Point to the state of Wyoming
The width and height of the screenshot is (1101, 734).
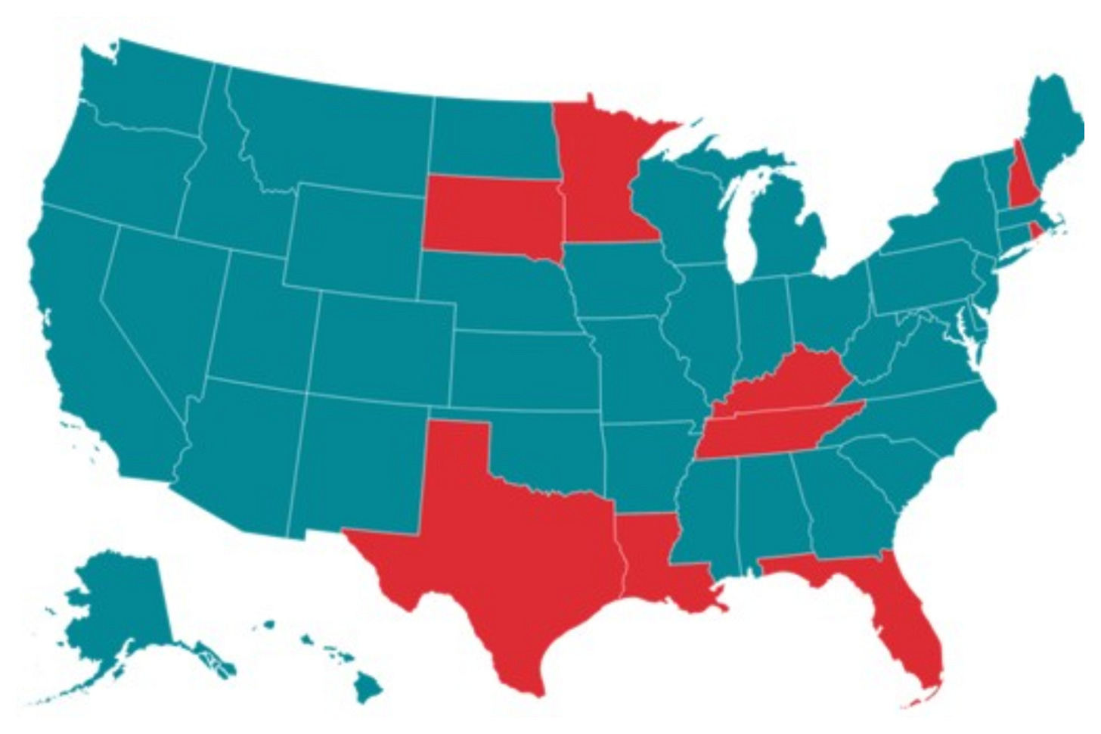pyautogui.click(x=355, y=235)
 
